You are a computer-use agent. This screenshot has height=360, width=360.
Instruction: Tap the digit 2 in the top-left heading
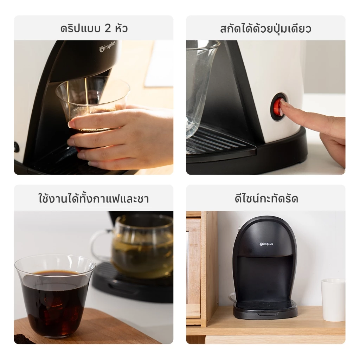click(108, 28)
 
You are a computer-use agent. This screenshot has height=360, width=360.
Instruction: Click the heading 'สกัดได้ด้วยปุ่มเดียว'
click(266, 29)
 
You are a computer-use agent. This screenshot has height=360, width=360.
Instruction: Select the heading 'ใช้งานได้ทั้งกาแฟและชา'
click(94, 198)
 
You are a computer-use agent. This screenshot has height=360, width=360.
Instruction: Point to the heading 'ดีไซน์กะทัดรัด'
click(266, 198)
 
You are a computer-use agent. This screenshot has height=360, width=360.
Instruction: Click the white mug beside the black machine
click(333, 300)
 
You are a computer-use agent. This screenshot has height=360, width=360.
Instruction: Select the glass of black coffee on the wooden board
click(55, 296)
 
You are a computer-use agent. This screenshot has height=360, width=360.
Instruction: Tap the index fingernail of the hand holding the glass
click(71, 124)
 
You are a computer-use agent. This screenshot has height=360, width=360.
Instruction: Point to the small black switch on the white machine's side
click(16, 147)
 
